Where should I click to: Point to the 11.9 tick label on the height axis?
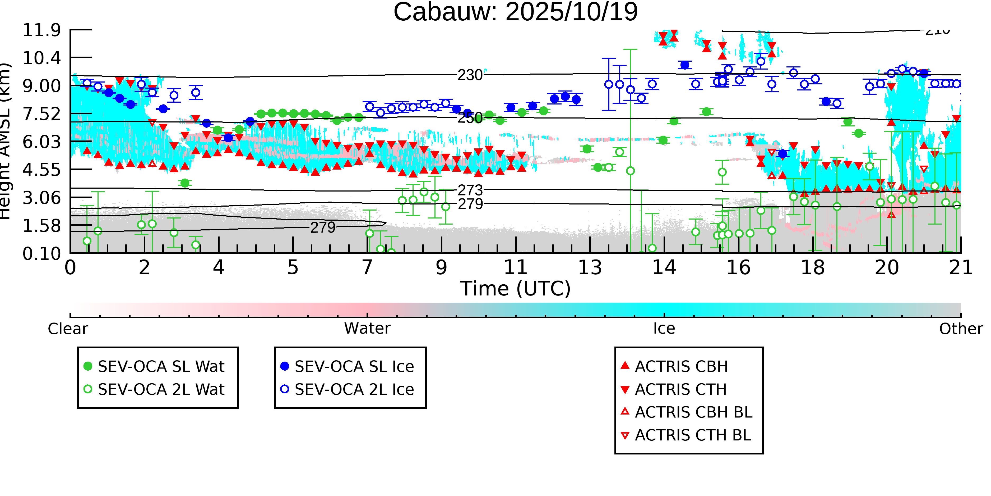pos(41,30)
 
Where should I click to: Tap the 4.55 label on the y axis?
pos(41,170)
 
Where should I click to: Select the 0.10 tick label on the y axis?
pos(41,254)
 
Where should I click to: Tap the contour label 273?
pos(470,190)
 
